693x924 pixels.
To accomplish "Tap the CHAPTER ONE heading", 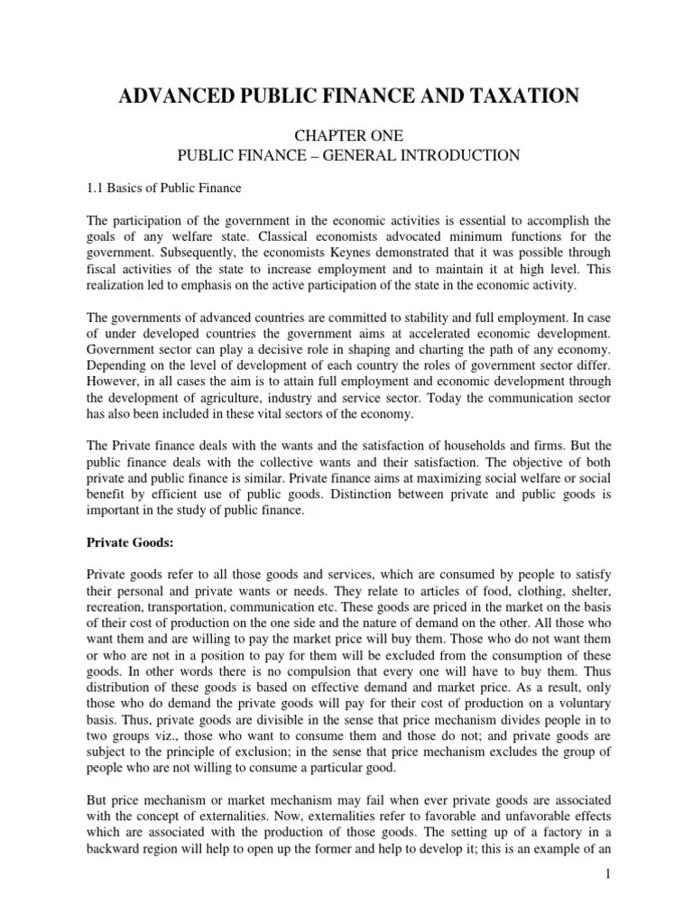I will [347, 135].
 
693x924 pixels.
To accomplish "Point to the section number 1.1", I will [96, 188].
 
